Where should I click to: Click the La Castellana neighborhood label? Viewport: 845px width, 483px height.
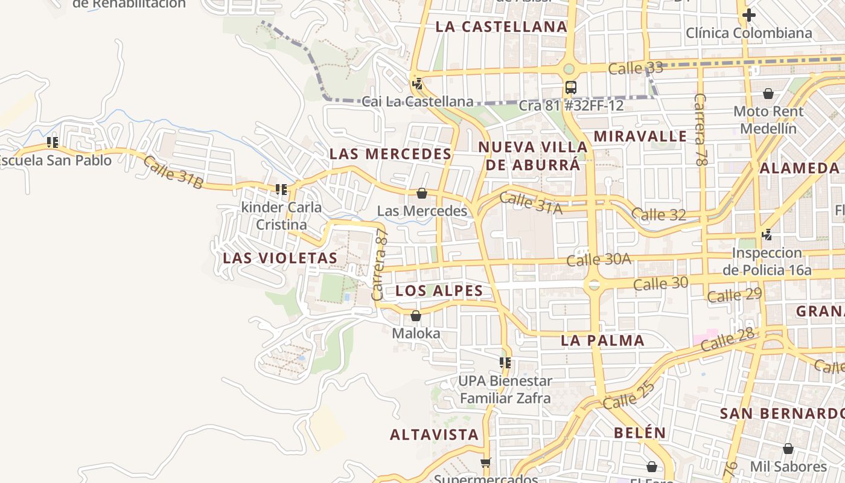pos(502,27)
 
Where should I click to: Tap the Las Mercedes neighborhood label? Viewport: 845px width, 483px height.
pos(391,154)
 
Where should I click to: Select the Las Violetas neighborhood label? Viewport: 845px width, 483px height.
pos(280,258)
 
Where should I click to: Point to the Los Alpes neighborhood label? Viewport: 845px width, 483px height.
pos(439,291)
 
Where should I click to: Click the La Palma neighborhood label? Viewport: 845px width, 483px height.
pos(603,341)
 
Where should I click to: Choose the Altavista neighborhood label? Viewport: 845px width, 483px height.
pos(434,435)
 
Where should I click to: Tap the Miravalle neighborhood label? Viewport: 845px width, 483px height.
pos(640,136)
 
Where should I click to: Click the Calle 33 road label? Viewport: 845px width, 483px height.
pos(636,68)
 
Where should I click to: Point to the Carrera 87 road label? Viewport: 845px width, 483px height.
pos(379,265)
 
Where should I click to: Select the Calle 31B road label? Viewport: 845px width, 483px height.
pos(173,171)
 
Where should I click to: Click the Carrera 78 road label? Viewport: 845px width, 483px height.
pos(700,129)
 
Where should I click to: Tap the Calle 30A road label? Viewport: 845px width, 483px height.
pos(599,260)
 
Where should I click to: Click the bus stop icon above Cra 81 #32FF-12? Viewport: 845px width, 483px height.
pos(570,88)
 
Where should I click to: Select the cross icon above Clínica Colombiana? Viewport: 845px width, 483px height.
pos(749,15)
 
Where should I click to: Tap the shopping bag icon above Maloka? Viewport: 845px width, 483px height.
pos(416,316)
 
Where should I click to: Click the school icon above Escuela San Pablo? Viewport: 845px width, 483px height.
pos(53,142)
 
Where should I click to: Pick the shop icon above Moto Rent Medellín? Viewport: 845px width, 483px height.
pos(768,94)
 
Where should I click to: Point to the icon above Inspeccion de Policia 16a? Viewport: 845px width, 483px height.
pos(767,234)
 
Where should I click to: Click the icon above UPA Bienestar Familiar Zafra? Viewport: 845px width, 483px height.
pos(505,363)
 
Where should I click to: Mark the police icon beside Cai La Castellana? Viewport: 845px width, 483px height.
pos(416,83)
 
